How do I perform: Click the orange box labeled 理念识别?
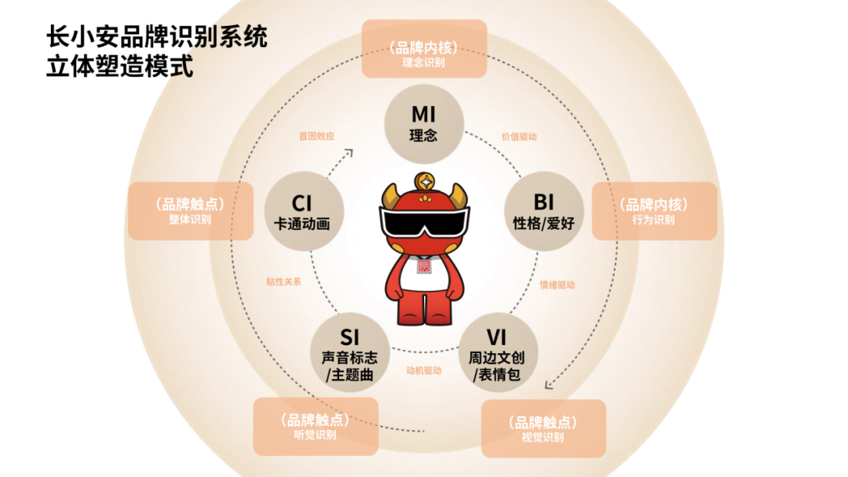click(x=424, y=49)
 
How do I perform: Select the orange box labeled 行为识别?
click(x=653, y=211)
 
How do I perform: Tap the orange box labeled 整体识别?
click(x=190, y=211)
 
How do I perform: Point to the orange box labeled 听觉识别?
click(x=315, y=426)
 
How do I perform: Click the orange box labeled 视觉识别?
click(x=543, y=428)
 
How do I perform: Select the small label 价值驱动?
click(x=519, y=137)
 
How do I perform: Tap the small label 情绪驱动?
click(x=557, y=285)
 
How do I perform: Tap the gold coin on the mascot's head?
click(x=424, y=180)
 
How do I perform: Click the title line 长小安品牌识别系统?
click(x=157, y=36)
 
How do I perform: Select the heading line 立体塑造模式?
click(x=119, y=66)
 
